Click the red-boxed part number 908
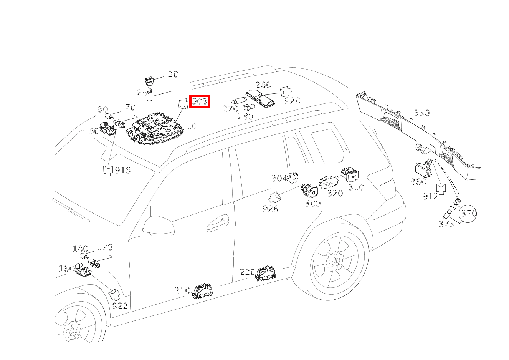(200, 101)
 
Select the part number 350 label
(421, 113)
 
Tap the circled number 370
(468, 213)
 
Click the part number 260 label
(263, 85)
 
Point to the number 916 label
(123, 171)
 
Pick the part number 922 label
(120, 306)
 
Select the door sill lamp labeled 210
(202, 292)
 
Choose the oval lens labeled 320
(330, 182)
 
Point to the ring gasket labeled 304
(293, 178)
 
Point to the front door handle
(218, 224)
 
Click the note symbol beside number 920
(285, 92)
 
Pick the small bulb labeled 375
(448, 214)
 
